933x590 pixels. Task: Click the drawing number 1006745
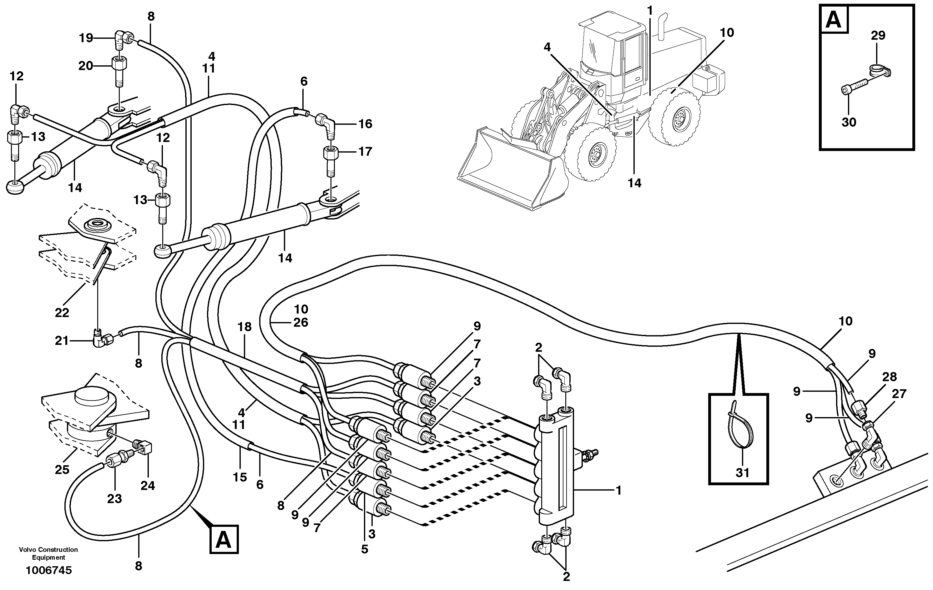pos(48,570)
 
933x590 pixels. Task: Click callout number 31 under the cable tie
pos(742,473)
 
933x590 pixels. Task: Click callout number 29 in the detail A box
pos(878,36)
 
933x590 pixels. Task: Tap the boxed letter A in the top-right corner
pos(834,19)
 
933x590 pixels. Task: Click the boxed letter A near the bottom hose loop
pos(224,539)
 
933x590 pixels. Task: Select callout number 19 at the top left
pos(86,38)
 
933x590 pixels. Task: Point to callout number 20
pos(86,66)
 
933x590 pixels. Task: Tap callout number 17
pos(365,151)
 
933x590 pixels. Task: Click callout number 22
pos(62,312)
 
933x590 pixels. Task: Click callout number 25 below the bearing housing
pos(62,470)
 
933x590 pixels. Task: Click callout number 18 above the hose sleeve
pos(245,327)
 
